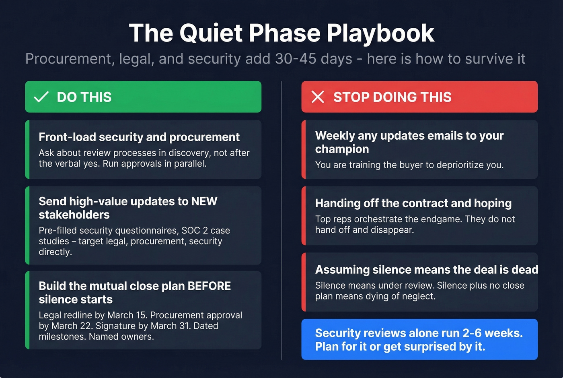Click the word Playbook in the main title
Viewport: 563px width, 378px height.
pos(380,33)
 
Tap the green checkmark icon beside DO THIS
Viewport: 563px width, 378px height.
pos(41,97)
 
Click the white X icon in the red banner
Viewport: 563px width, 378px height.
pos(318,97)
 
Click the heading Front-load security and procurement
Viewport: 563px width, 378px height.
pos(139,137)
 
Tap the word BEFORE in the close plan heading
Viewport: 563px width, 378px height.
pos(209,286)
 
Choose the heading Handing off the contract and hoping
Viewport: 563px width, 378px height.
pos(413,203)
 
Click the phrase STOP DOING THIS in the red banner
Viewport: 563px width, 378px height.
pos(392,97)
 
